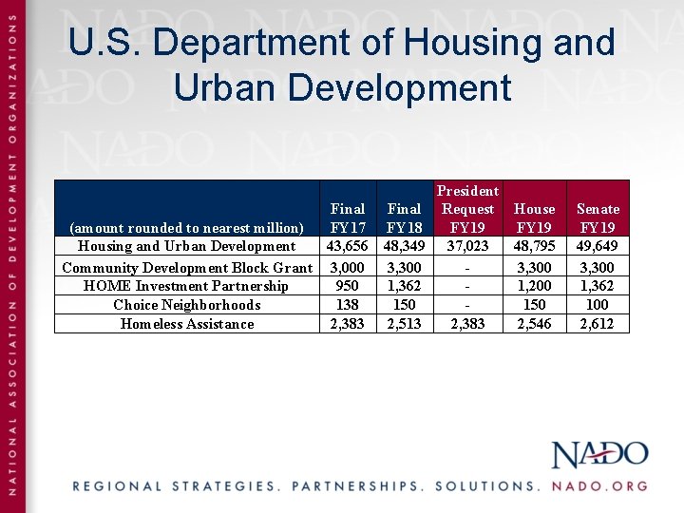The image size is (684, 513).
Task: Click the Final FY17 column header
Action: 347,218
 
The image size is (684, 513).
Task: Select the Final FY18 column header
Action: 404,218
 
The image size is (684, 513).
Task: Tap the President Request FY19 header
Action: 467,209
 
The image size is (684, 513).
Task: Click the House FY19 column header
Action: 534,218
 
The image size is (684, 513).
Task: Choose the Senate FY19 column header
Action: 598,218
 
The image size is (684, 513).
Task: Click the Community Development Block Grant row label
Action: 187,268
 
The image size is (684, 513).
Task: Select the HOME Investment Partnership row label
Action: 186,286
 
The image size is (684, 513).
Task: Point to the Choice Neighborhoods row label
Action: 186,305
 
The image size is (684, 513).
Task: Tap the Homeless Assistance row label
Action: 187,324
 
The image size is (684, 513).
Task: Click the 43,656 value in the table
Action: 347,246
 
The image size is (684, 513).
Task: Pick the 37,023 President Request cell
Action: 467,246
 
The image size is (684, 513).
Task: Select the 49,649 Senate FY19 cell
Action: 598,246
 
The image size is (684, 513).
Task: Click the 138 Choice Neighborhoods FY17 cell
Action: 348,305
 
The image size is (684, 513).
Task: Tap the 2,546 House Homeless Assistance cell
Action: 534,324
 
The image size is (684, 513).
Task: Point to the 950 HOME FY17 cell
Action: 348,286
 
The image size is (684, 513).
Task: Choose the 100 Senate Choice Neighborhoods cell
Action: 598,305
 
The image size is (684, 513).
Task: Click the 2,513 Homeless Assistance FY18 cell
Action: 404,324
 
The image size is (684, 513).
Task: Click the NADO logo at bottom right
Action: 599,454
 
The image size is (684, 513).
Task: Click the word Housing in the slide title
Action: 480,43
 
